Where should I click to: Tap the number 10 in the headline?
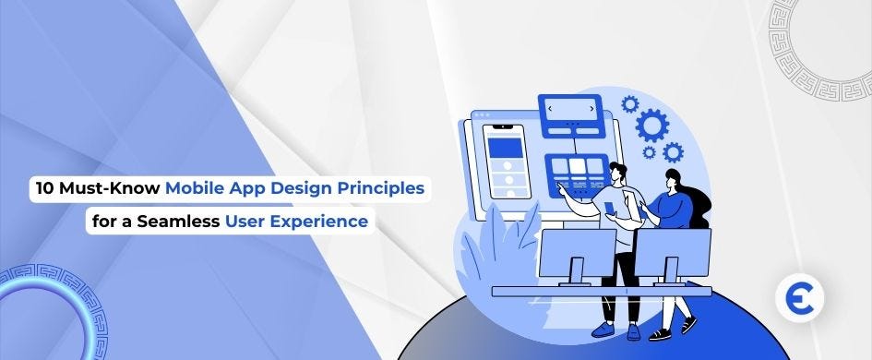[42, 189]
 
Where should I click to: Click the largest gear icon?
[652, 125]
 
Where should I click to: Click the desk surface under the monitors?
[600, 291]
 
